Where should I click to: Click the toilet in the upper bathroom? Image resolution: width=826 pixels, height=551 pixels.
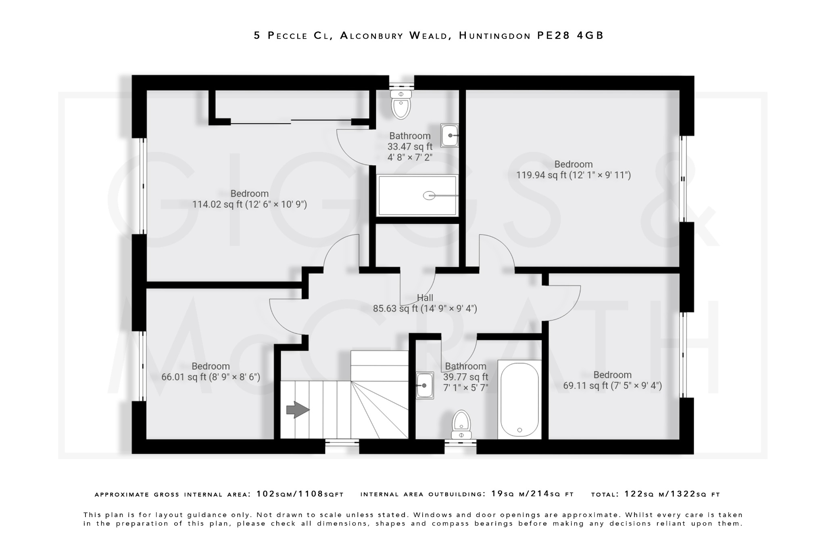click(401, 105)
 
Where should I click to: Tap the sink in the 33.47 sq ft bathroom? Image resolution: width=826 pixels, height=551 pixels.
click(449, 136)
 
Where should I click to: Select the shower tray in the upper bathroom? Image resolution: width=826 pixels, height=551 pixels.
click(417, 196)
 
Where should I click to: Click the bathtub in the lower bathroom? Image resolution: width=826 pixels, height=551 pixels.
click(519, 400)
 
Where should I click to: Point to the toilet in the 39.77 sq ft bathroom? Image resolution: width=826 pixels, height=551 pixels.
click(461, 424)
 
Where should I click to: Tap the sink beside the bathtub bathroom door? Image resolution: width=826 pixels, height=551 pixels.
click(425, 385)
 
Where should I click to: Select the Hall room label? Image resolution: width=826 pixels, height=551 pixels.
click(425, 298)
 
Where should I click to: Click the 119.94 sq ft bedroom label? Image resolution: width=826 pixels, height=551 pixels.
click(573, 170)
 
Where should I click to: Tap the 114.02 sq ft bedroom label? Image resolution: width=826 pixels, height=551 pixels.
click(249, 199)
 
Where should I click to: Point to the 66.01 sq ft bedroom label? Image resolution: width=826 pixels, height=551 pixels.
click(211, 372)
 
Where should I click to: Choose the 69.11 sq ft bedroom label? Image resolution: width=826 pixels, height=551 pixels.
click(612, 380)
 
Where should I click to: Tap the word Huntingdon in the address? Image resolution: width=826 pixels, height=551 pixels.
click(494, 36)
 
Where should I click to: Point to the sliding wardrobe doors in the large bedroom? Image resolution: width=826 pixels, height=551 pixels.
click(290, 121)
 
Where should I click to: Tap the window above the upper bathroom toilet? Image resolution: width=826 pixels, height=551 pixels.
click(401, 86)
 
